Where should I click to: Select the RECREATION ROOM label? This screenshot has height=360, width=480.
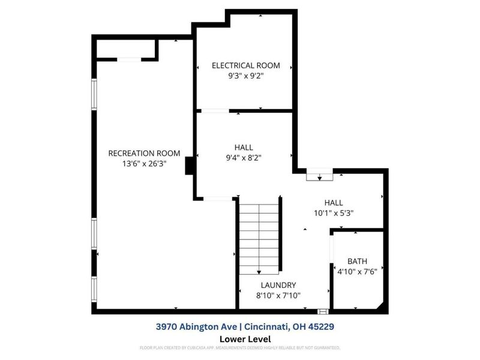coord(144,153)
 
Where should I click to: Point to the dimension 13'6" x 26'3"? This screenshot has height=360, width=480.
coord(144,163)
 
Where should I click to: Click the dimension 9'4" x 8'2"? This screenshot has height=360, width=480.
coord(244,158)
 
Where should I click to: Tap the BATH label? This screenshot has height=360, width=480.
coord(358,261)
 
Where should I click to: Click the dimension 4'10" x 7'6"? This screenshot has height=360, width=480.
coord(358,271)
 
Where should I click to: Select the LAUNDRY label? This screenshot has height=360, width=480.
coord(278,285)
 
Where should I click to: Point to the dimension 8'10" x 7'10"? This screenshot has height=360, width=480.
coord(278,295)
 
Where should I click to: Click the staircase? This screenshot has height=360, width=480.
coord(259,237)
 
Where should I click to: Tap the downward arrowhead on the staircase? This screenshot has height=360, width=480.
coord(259,271)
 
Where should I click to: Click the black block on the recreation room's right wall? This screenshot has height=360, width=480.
coord(189,166)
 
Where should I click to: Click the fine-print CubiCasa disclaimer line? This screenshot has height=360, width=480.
coord(240,347)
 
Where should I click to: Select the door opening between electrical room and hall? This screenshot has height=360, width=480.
coord(214,111)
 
